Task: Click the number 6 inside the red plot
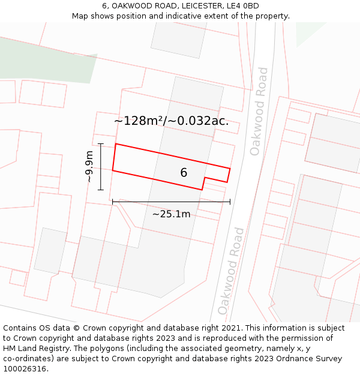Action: click(x=184, y=173)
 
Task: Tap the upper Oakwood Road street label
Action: click(x=259, y=112)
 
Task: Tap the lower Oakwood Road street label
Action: click(x=232, y=271)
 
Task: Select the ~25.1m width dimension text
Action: click(x=171, y=214)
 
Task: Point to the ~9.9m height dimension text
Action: click(x=89, y=166)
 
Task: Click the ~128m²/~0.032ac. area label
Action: click(x=172, y=121)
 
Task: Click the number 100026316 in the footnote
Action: click(x=24, y=369)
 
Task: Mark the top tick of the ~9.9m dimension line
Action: click(x=101, y=144)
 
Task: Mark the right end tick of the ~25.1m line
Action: click(x=230, y=202)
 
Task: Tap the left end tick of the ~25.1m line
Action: click(x=113, y=202)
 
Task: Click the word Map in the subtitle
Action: click(x=80, y=16)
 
